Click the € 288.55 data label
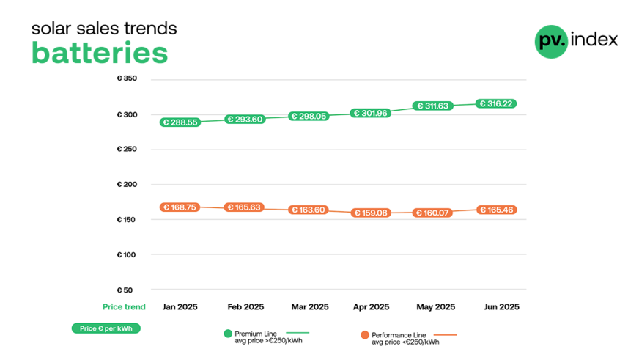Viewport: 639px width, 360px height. tap(180, 122)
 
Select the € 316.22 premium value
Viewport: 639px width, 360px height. tap(496, 104)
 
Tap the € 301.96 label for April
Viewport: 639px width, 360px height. tap(370, 113)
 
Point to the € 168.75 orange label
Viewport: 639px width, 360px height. tap(180, 207)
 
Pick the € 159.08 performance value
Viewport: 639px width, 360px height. tap(370, 213)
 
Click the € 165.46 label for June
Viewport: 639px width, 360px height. tap(496, 210)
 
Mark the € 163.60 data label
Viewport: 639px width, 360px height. tap(309, 210)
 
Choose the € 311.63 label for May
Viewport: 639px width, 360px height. tap(433, 106)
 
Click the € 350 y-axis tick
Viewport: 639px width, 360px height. tap(127, 78)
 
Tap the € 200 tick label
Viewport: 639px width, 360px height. tap(127, 184)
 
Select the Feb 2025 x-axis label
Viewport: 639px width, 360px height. tap(245, 307)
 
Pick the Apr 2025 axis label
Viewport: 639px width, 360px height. tap(371, 307)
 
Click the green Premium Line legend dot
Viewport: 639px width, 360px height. tap(228, 334)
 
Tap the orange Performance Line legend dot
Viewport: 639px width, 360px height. tap(364, 334)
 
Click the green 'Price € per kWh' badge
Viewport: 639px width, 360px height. tap(106, 328)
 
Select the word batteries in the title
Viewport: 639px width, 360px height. tap(100, 54)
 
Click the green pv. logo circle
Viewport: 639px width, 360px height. tap(551, 41)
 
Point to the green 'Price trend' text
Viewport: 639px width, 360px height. tap(124, 307)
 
